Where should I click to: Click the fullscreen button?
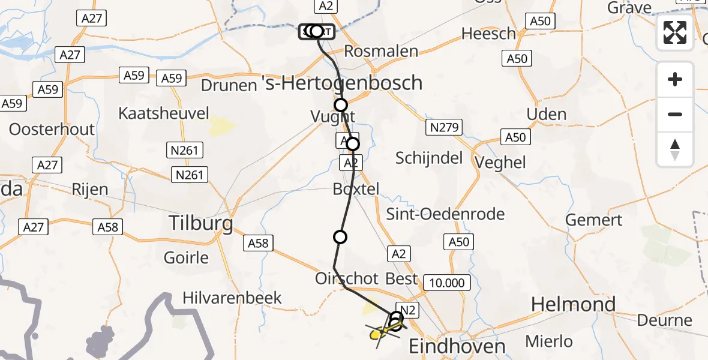[x=675, y=32]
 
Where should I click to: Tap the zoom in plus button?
[x=675, y=79]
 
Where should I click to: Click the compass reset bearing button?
[x=675, y=149]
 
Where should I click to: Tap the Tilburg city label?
[x=201, y=223]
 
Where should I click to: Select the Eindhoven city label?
[x=457, y=346]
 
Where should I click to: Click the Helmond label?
[x=574, y=304]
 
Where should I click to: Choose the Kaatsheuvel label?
[x=164, y=113]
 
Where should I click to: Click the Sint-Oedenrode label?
[x=446, y=214]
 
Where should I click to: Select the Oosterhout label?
[x=52, y=129]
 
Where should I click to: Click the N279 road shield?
[x=443, y=127]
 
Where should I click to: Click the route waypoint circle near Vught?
[x=341, y=106]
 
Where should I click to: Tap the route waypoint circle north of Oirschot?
[x=340, y=237]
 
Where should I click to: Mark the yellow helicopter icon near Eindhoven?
[x=378, y=334]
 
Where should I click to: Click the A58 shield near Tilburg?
[x=258, y=243]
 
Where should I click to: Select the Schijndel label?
[x=429, y=158]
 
